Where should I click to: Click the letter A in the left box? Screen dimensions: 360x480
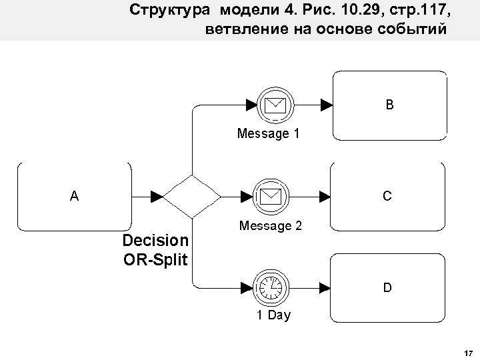pos(73,196)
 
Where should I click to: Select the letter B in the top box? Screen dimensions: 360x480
pos(389,104)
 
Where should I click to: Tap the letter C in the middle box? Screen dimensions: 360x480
pos(387,196)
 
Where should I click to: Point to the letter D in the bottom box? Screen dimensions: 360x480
pos(387,288)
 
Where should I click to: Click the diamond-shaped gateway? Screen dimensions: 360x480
pos(192,196)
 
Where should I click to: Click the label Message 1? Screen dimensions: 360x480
pos(268,134)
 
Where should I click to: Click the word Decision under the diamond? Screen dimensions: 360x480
pos(156,240)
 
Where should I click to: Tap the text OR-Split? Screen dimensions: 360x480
pos(156,258)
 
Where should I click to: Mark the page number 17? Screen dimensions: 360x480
pos(467,351)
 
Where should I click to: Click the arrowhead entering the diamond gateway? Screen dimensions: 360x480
pos(157,196)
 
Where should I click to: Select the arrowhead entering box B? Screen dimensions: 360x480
pos(326,104)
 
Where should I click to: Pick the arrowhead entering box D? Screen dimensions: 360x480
pos(326,288)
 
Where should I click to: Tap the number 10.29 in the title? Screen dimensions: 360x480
pos(340,11)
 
